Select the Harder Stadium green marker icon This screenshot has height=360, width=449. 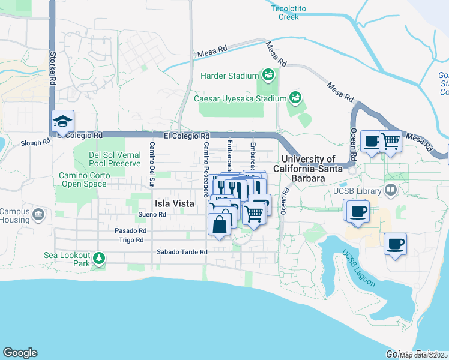pos(268,75)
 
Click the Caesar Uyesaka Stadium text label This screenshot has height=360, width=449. pos(240,98)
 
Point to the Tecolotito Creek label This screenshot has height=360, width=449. pos(293,13)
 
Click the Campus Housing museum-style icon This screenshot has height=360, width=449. pos(39,214)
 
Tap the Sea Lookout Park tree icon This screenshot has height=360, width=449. pos(98,259)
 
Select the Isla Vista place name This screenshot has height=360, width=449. pos(175,203)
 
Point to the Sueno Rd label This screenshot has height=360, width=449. pos(151,214)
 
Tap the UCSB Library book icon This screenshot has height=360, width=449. pos(391,191)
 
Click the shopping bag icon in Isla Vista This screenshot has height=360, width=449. pos(220,225)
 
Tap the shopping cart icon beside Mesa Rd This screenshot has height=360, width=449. pos(391,142)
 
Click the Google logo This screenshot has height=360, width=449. pos(20,353)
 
